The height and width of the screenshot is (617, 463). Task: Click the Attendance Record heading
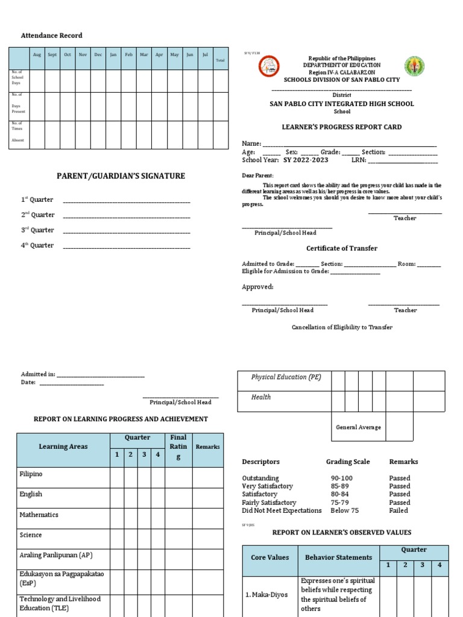click(x=52, y=36)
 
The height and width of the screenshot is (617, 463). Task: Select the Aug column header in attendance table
click(x=37, y=55)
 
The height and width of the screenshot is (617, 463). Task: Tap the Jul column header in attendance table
click(x=205, y=55)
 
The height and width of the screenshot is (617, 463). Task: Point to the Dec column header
click(x=98, y=55)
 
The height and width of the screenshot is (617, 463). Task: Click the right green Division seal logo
click(x=414, y=66)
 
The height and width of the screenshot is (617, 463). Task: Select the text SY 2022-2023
click(x=306, y=160)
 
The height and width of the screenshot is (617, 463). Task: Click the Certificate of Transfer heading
click(x=342, y=248)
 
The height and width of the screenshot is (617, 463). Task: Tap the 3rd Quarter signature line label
click(x=38, y=230)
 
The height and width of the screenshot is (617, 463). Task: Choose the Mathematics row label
click(x=39, y=515)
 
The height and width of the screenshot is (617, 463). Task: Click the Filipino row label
click(x=31, y=474)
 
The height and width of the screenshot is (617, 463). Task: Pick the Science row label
click(x=31, y=535)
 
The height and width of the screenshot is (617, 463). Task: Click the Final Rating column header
click(x=178, y=447)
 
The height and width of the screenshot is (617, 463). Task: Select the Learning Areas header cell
click(x=63, y=447)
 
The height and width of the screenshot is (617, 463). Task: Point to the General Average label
click(x=358, y=427)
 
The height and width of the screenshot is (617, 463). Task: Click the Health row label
click(x=261, y=397)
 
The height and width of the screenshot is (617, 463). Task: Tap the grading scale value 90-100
click(x=342, y=478)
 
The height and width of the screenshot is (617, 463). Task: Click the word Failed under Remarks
click(x=398, y=510)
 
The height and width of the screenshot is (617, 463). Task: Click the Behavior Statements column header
click(x=338, y=558)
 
